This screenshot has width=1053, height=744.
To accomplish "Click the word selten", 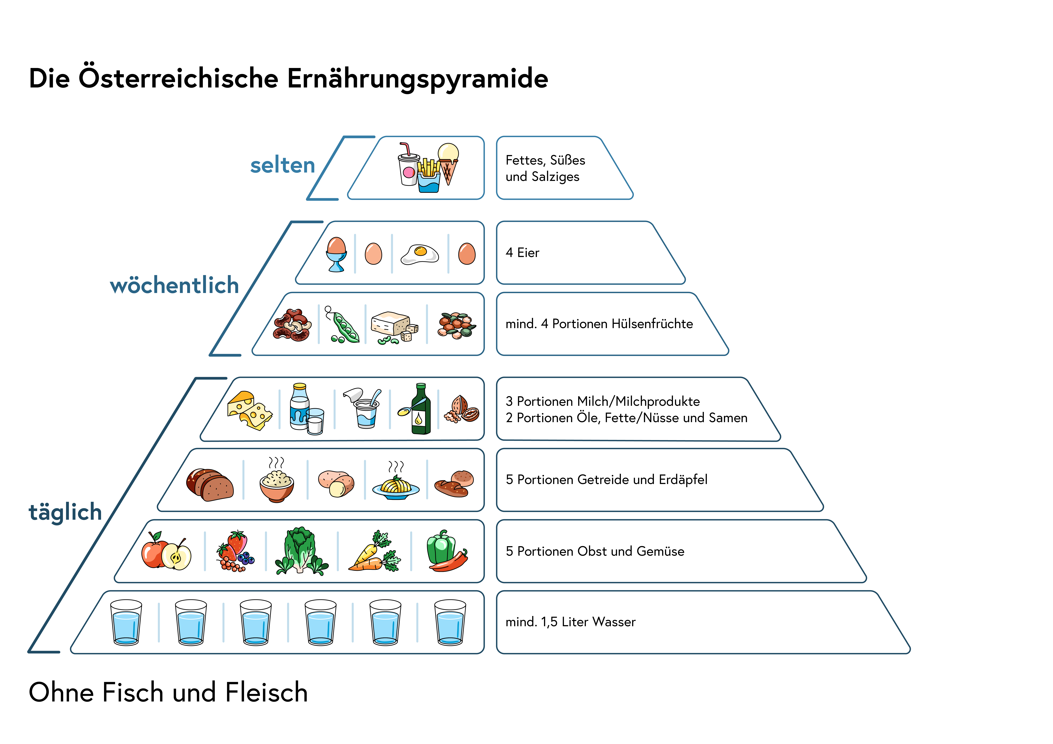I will [x=283, y=166].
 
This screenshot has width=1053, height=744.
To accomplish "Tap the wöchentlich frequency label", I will [x=174, y=285].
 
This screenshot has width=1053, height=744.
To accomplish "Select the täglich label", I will [x=65, y=512].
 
